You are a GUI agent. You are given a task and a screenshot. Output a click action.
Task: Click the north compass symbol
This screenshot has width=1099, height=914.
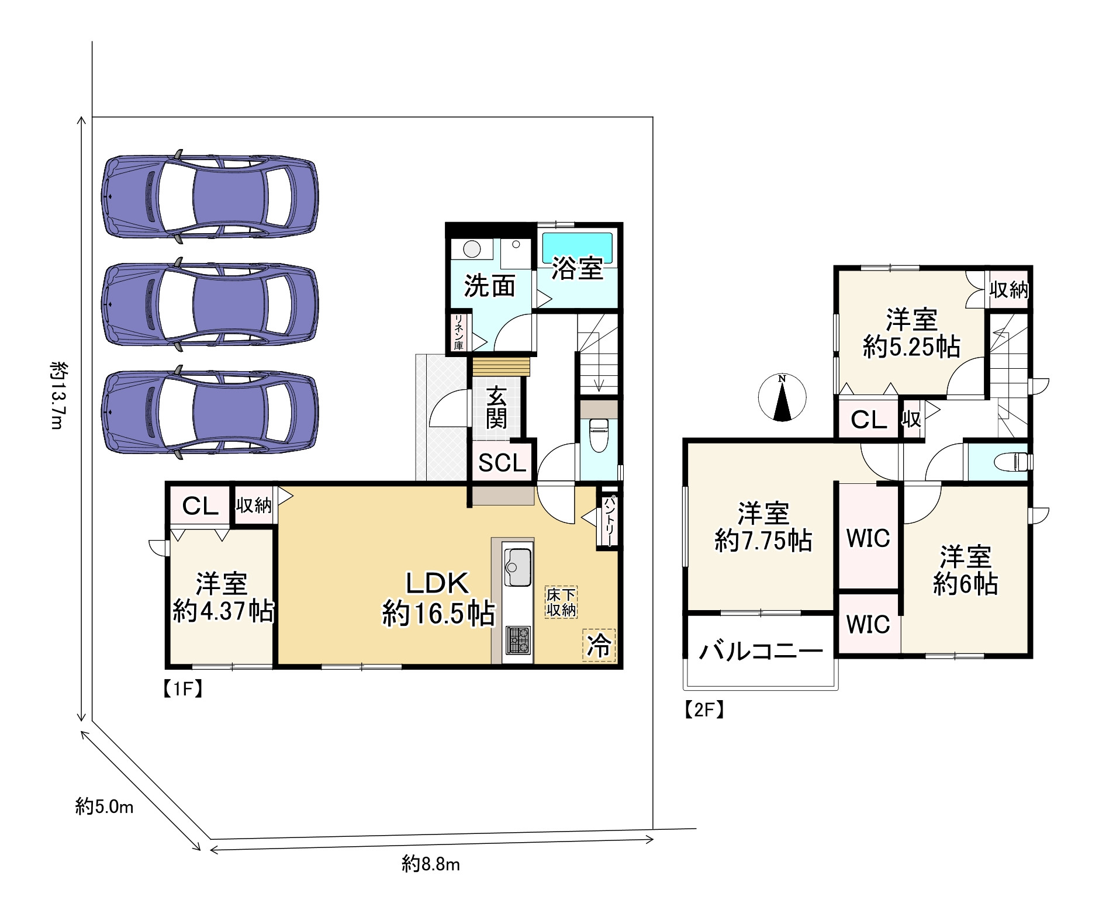782,397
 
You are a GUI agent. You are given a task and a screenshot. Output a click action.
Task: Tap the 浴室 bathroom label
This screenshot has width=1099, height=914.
578,269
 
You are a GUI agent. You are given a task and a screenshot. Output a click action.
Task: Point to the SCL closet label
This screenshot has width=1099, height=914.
503,463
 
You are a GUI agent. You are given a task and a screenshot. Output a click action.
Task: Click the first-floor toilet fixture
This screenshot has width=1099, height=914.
598,435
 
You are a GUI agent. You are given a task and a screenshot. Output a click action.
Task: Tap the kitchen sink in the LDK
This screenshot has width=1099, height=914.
518,566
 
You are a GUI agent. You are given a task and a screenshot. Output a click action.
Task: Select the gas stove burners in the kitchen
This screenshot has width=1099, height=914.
518,639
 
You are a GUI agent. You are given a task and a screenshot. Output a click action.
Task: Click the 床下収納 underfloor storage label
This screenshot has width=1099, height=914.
561,602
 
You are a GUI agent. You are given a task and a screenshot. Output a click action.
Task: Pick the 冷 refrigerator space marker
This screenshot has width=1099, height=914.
599,646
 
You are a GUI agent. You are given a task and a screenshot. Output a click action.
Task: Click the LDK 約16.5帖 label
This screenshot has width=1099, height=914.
438,598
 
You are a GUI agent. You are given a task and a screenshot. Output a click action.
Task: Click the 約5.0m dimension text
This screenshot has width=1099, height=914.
105,806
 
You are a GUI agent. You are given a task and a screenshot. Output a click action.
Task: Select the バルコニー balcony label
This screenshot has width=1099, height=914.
762,650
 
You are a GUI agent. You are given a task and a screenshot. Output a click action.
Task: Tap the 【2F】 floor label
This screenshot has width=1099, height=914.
704,709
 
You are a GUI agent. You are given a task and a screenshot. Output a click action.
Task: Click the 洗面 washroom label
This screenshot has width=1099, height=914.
490,286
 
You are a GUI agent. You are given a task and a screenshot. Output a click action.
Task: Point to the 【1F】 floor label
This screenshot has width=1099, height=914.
182,690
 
